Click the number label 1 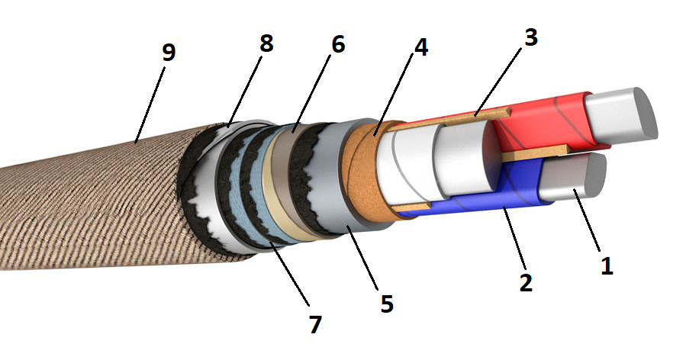pos(607,265)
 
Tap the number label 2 pos(526,282)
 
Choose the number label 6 pos(337,44)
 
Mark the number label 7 pos(315,323)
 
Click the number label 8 pos(266,43)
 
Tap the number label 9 pos(169,53)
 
